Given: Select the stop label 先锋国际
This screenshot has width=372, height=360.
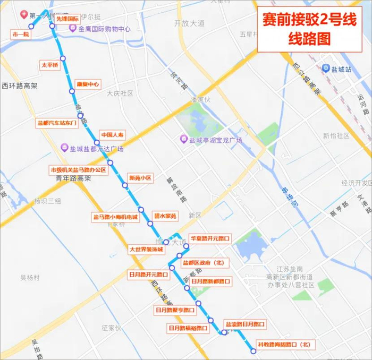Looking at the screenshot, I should (x=67, y=19).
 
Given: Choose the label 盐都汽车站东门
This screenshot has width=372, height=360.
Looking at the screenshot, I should (x=57, y=123).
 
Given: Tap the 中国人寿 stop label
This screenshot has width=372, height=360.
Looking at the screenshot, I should (x=112, y=135).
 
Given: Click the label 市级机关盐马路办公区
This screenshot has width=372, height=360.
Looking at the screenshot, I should (x=78, y=170).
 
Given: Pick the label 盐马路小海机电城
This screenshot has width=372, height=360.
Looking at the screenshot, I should (x=115, y=217).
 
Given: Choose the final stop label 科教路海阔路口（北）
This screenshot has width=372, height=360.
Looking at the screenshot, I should (x=283, y=345).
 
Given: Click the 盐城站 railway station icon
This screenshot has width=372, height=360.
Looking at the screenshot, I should (x=325, y=68).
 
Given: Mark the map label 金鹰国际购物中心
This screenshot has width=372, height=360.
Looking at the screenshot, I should (x=104, y=29).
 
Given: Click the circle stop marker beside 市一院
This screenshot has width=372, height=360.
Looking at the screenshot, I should (x=31, y=26).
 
